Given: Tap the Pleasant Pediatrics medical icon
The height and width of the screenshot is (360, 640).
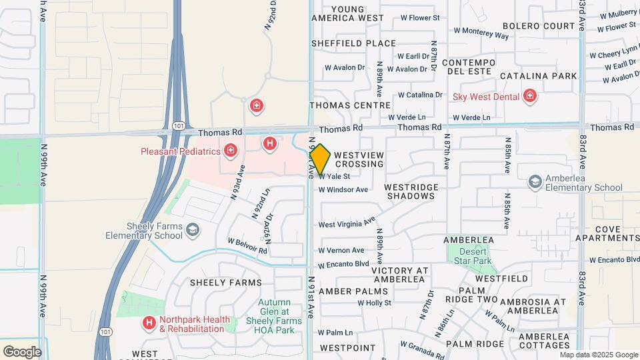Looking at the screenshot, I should (231, 151).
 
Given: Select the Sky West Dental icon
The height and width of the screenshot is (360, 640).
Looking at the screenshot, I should (530, 96).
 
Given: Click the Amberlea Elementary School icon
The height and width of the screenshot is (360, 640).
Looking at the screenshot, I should (535, 181).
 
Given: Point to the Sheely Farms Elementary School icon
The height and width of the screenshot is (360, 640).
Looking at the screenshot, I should (193, 230).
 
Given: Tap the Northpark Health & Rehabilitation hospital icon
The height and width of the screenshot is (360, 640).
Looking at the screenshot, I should (149, 323).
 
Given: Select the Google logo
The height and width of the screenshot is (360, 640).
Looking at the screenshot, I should (22, 351).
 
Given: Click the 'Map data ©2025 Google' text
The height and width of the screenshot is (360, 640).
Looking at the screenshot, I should (598, 355).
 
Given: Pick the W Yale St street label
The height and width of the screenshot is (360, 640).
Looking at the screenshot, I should (334, 177).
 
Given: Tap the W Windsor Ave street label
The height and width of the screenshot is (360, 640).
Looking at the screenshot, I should (343, 189).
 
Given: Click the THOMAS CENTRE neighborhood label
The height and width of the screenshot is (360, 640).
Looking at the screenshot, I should (349, 105).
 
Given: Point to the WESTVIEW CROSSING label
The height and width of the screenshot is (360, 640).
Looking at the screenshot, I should (359, 159).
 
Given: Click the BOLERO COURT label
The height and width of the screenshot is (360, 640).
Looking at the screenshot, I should (539, 26).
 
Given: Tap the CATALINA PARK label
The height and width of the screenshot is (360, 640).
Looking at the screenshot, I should (538, 76).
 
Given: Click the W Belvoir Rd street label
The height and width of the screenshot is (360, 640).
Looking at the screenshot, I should (247, 245).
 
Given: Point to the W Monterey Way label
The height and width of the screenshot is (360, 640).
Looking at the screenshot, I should (481, 33).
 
